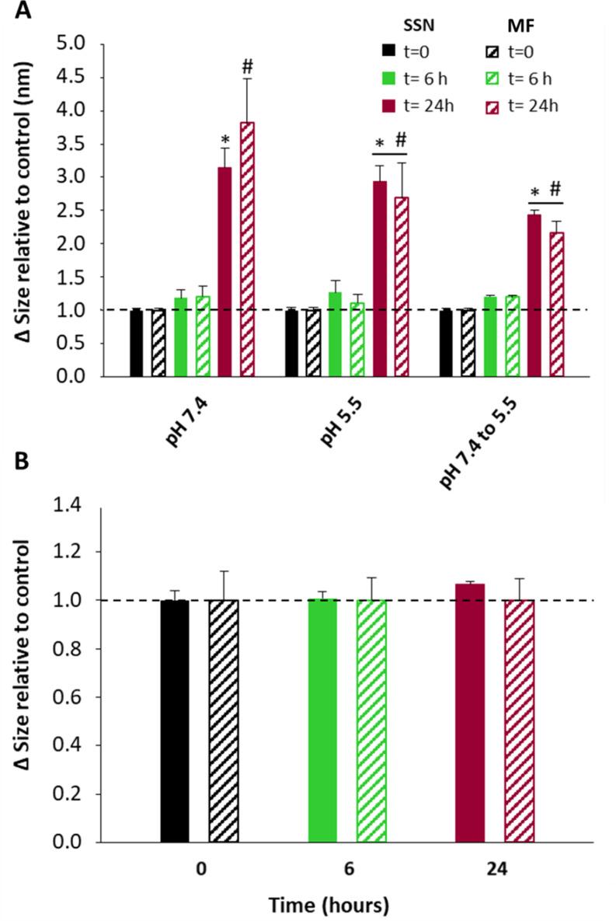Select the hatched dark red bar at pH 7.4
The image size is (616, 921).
coord(247,249)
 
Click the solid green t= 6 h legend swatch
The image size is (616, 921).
coord(377,77)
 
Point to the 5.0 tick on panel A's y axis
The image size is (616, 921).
coord(78,44)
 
